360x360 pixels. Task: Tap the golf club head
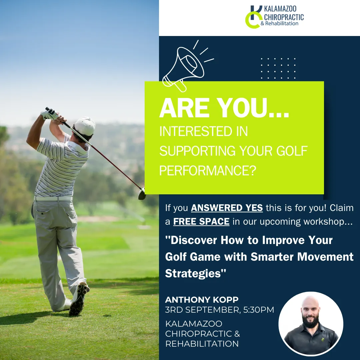point(142,194)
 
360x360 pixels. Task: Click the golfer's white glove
point(49,114)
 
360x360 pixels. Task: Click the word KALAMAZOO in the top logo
point(280,9)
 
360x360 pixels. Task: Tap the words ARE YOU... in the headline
point(224,108)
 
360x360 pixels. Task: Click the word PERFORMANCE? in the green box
point(208,170)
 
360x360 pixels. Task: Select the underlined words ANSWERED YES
point(227,208)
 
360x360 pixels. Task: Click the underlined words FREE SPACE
point(201,222)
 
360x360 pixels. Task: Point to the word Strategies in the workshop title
point(193,273)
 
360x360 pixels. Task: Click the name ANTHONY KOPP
point(202,300)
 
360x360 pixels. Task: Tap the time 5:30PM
point(259,310)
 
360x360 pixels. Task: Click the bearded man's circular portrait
point(311,324)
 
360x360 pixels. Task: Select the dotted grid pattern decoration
point(278,68)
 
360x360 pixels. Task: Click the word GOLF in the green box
point(292,151)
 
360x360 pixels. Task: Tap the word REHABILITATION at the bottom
point(202,344)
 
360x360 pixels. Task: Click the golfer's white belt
point(53,199)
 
